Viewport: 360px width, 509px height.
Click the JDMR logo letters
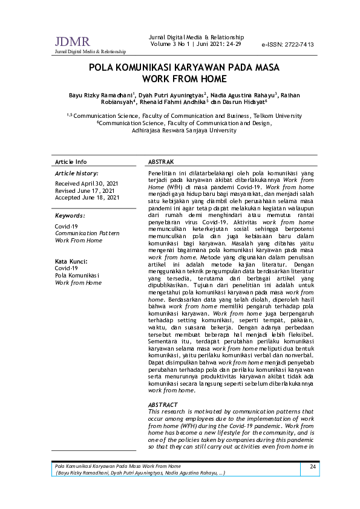(x=72, y=42)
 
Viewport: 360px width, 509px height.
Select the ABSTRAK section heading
(x=161, y=162)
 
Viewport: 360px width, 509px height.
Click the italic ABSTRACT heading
(x=163, y=404)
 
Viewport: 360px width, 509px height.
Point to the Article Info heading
(x=71, y=162)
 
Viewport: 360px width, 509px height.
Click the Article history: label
(x=77, y=173)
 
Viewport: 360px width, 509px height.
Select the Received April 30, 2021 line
(x=87, y=183)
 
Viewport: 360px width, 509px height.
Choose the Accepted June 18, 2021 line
(x=87, y=198)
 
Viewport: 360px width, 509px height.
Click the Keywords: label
(x=70, y=216)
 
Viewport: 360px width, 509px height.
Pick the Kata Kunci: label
(x=71, y=261)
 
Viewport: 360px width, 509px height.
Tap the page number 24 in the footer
(x=313, y=467)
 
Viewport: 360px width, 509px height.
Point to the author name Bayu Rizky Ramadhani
(x=100, y=95)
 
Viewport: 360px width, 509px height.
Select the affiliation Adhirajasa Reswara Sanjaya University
(x=184, y=130)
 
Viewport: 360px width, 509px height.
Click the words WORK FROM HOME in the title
(x=184, y=79)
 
